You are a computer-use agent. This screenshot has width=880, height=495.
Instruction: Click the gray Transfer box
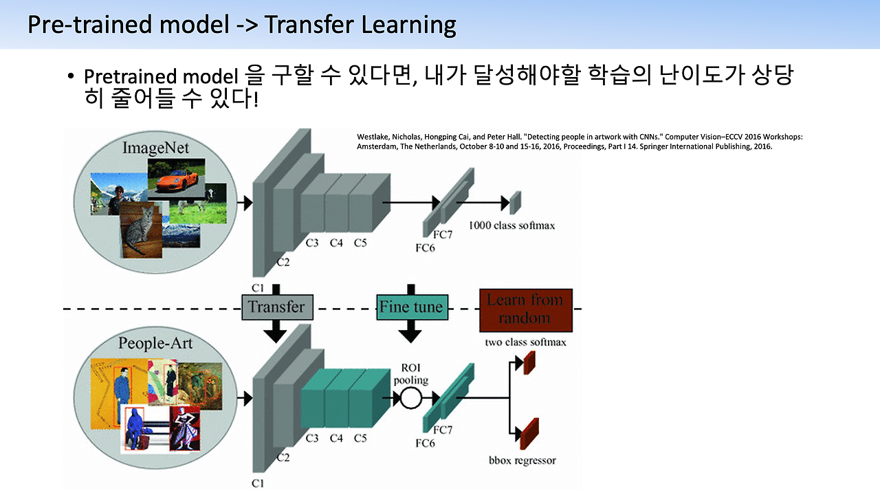[276, 307]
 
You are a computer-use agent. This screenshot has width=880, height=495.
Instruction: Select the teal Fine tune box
[411, 307]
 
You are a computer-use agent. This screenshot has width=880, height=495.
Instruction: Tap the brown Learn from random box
[525, 309]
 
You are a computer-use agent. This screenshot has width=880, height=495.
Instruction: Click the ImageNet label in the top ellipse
[155, 148]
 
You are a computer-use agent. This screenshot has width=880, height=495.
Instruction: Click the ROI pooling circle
[411, 397]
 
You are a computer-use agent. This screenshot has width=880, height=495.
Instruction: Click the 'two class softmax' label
[525, 342]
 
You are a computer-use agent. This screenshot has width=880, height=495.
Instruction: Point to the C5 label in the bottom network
[360, 438]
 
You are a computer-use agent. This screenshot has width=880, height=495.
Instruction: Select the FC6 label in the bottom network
[425, 443]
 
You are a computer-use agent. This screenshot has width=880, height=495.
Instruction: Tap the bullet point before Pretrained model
[71, 76]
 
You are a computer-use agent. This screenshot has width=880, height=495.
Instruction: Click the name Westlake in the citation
[373, 137]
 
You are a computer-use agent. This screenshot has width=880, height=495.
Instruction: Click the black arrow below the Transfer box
[276, 332]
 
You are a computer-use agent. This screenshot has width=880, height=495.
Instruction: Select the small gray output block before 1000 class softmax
[516, 201]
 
